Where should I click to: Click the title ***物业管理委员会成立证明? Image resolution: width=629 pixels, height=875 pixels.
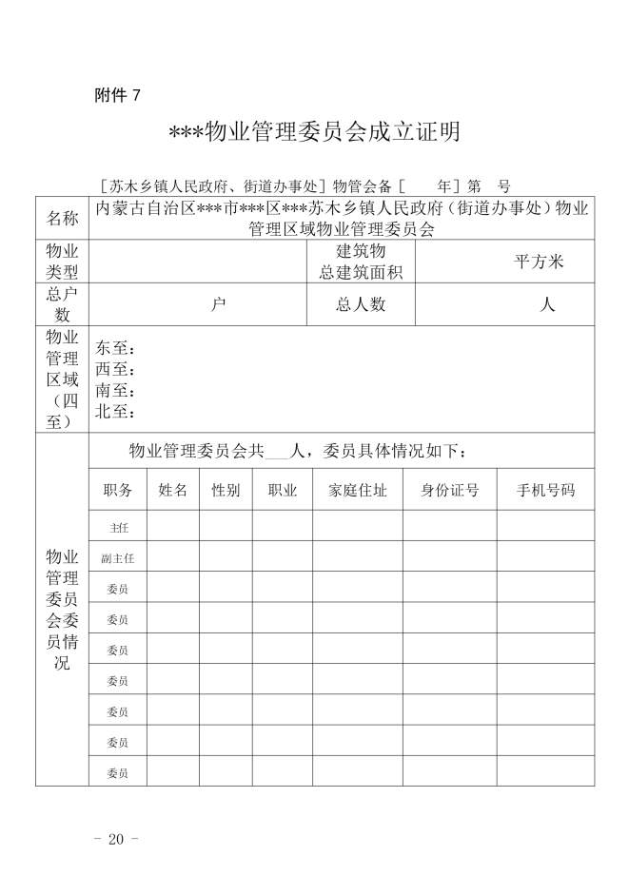coord(315,131)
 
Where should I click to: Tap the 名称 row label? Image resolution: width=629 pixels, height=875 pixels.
coord(63,218)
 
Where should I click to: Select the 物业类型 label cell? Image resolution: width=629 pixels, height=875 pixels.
coord(63,262)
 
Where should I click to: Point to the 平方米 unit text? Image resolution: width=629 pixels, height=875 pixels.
coord(540,262)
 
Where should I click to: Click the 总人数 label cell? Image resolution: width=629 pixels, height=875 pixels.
coord(361,304)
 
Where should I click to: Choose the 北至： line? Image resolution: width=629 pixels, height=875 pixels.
coord(115,412)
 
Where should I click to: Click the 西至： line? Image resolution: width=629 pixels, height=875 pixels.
coord(115,370)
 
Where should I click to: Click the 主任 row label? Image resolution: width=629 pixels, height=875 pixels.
coord(118,526)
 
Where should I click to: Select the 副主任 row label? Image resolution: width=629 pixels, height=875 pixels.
coord(118,557)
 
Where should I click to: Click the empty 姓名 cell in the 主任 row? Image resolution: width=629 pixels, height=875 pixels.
coord(172,526)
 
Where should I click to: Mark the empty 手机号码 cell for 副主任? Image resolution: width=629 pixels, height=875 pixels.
coord(545,556)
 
